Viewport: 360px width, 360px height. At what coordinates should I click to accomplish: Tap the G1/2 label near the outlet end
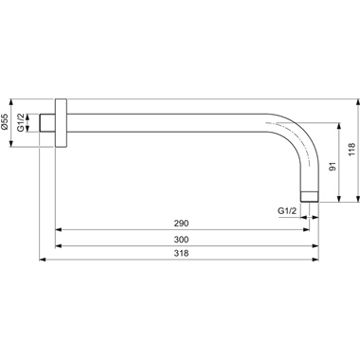286,209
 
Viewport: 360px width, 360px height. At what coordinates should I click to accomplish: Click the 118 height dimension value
351,149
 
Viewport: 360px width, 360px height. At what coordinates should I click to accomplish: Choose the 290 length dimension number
180,223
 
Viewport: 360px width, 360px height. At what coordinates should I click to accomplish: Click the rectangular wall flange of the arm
63,124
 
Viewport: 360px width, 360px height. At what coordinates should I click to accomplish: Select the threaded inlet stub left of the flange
49,124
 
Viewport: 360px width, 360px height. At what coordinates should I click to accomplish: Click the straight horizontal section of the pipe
171,124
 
